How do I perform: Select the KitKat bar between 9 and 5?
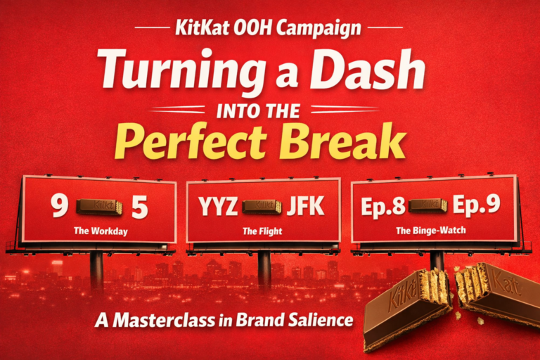click(x=100, y=206)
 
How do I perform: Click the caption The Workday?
click(x=100, y=231)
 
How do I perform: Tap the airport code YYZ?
click(x=218, y=207)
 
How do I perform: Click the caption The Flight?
click(x=262, y=231)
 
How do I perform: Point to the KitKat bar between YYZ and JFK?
click(x=262, y=207)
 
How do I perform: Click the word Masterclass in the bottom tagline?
click(x=156, y=321)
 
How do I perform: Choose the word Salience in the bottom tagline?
click(x=318, y=321)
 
